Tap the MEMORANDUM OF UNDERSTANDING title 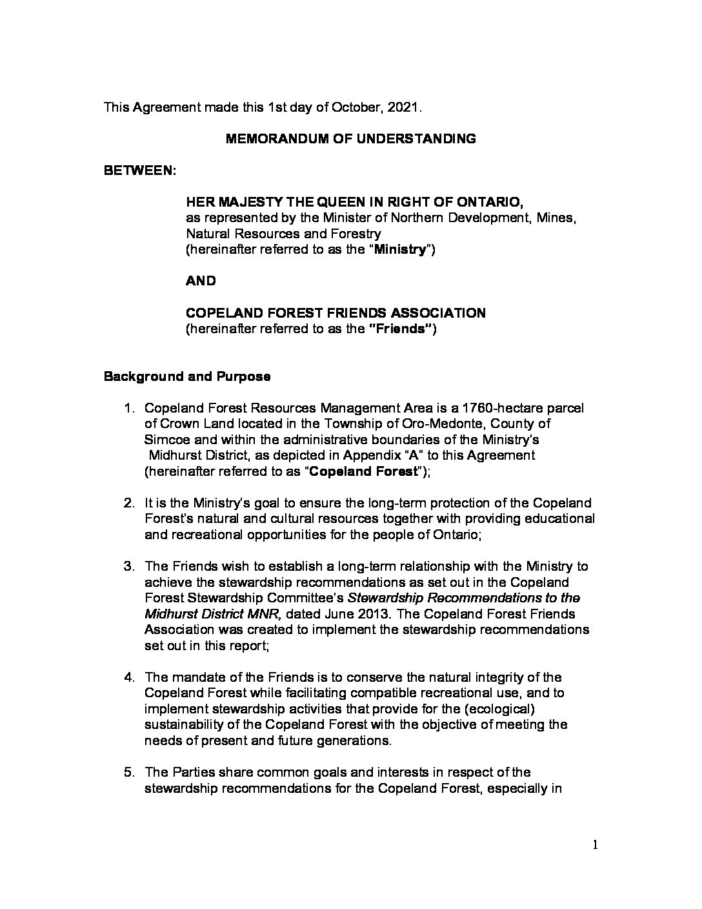click(350, 139)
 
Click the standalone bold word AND click(201, 281)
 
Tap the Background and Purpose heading click(187, 376)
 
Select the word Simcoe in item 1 click(164, 440)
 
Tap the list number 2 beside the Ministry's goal click(129, 503)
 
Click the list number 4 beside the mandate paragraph click(129, 677)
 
